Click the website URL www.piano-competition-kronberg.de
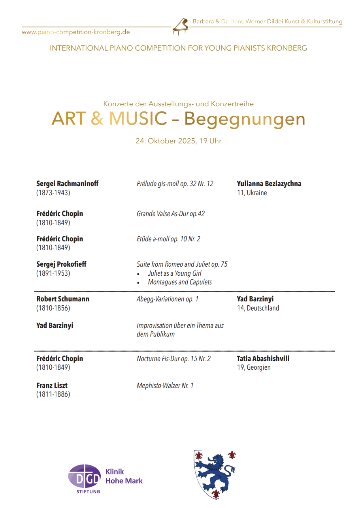[x=76, y=32]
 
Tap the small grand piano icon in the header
[x=181, y=26]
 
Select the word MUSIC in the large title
[x=138, y=119]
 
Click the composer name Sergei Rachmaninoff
[x=68, y=184]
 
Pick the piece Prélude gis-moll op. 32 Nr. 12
[x=175, y=184]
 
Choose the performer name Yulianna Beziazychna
[x=269, y=184]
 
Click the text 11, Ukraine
[x=252, y=193]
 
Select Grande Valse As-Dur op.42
[x=171, y=214]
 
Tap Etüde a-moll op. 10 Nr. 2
[x=169, y=239]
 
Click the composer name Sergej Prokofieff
[x=61, y=264]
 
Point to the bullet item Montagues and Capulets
[x=180, y=282]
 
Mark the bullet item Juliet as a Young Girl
[x=175, y=273]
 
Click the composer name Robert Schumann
[x=63, y=299]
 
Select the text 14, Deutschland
[x=258, y=308]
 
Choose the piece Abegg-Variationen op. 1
[x=168, y=299]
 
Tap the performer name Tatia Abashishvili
[x=263, y=359]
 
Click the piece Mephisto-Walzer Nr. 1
[x=165, y=386]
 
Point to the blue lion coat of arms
[x=215, y=474]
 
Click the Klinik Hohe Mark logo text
[x=124, y=476]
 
